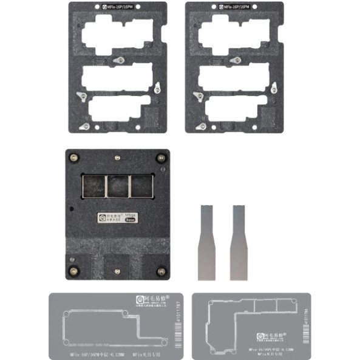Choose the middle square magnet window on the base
[117, 186]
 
